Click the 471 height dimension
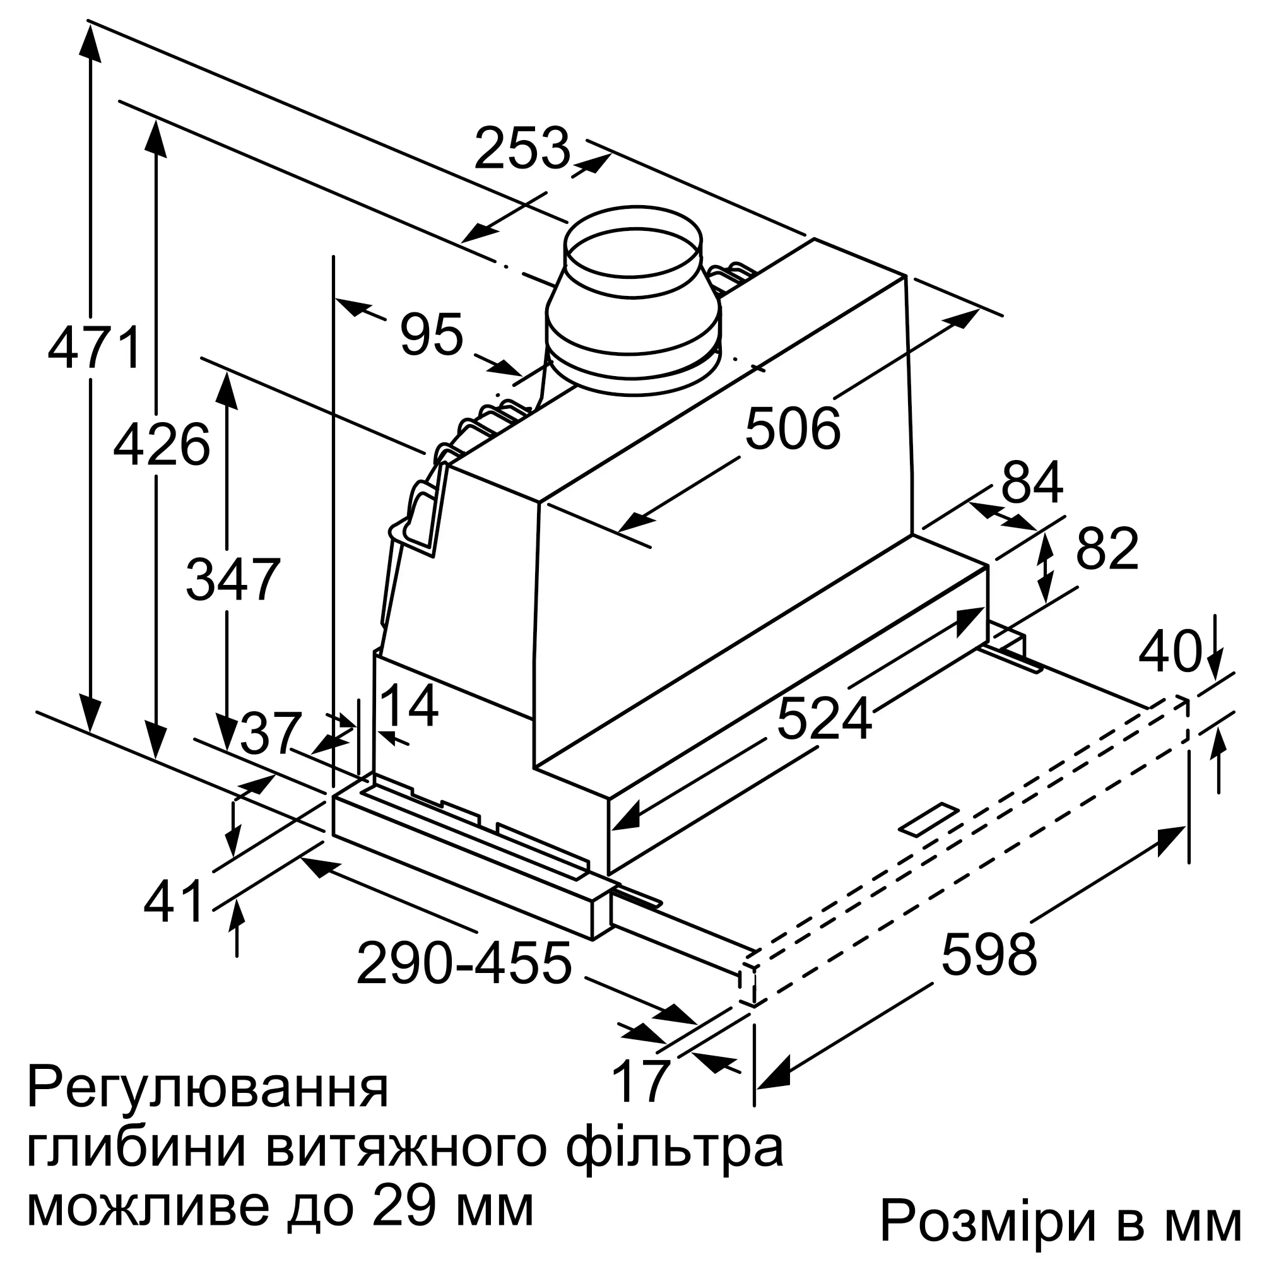[95, 347]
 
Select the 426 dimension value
[162, 445]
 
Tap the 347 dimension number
[233, 579]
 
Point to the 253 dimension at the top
[522, 149]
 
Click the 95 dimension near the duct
[432, 334]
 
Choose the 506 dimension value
[793, 429]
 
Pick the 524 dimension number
[824, 719]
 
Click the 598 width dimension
[988, 954]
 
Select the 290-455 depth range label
[464, 963]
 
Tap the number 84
[1032, 483]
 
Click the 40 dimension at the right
[1170, 651]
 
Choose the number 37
[271, 733]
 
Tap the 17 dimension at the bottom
[641, 1081]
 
